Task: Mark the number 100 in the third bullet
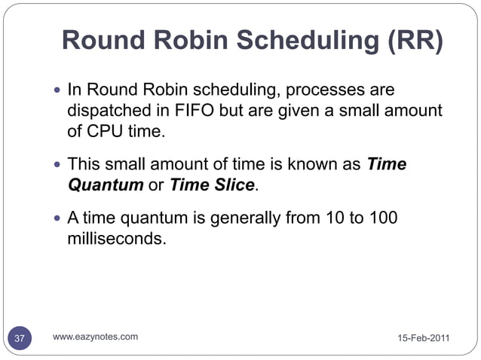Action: coord(381,218)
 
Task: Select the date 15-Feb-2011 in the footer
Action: coord(424,338)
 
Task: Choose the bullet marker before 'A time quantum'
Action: coord(58,219)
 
